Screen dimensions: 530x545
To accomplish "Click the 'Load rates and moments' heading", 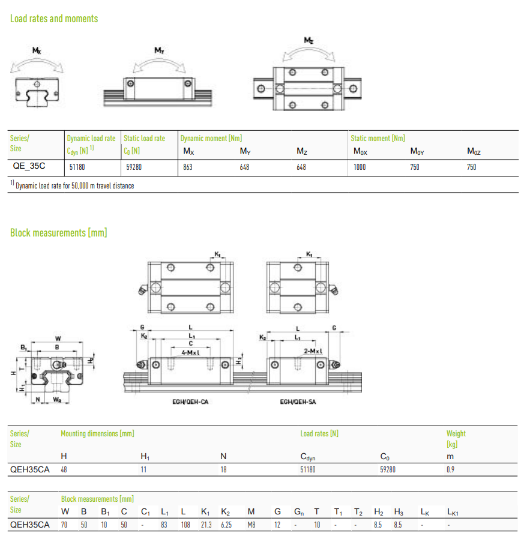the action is [54, 19].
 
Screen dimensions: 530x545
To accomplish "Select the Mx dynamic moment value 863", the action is [188, 167].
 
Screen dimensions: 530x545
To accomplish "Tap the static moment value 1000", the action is [360, 167].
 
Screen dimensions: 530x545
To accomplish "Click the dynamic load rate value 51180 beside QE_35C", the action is [77, 167].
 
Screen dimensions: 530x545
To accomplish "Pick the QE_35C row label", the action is [29, 166].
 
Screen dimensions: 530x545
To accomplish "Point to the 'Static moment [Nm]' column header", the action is [378, 138].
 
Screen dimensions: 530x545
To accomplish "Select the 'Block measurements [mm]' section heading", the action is [58, 232].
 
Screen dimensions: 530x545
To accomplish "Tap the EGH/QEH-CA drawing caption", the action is [190, 402].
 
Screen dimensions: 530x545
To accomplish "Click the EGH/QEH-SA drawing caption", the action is [298, 402].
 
